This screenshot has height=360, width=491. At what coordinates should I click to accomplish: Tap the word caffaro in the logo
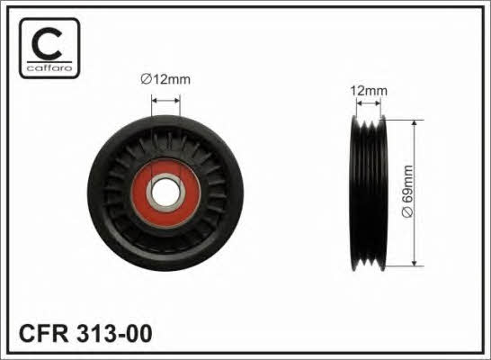tap(49, 68)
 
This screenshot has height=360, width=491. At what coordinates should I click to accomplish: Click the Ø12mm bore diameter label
tap(165, 79)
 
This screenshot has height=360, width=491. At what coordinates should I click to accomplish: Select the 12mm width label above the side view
tap(369, 91)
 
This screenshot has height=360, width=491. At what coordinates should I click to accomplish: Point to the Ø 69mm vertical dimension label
tap(407, 191)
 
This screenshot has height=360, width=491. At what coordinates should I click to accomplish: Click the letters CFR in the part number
tap(44, 333)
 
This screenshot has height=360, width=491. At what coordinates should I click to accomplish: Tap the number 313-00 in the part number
tap(114, 333)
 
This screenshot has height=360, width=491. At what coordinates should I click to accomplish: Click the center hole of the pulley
tap(165, 193)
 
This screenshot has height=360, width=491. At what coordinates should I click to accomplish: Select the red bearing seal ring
tap(166, 193)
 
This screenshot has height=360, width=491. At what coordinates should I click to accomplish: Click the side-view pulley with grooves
tap(369, 193)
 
